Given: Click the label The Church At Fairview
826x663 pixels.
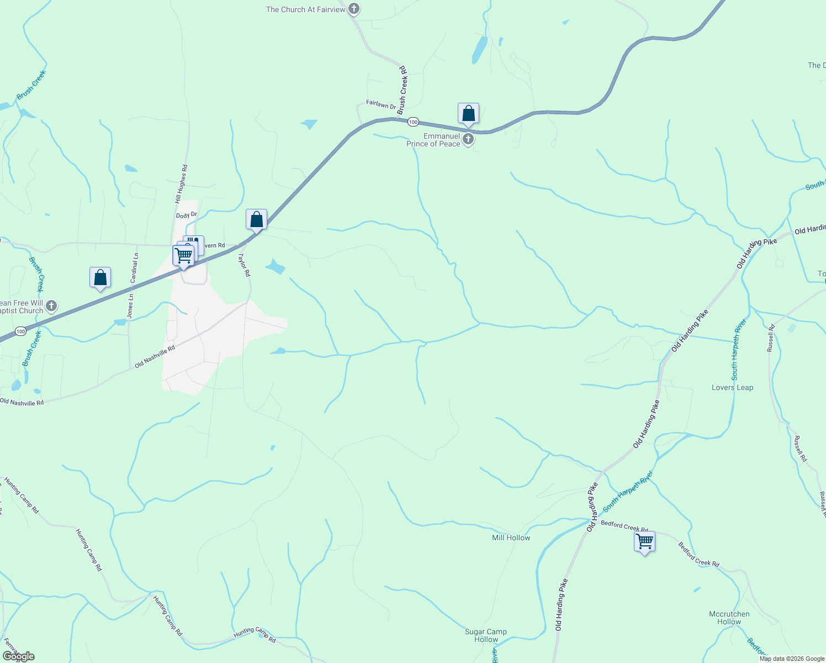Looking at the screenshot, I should pos(305,9).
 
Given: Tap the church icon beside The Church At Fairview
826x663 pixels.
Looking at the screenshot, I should pos(354,9).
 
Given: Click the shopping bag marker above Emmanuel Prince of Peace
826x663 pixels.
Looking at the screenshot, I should pos(468,114).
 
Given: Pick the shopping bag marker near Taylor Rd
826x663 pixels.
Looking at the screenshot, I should pos(256,220).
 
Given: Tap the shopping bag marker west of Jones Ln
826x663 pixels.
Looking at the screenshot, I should pos(100,278).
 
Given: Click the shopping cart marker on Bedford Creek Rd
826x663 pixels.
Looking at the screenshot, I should pos(644,541).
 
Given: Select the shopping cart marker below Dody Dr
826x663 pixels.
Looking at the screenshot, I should pos(183,256).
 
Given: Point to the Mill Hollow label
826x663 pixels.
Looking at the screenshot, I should pos(511,538).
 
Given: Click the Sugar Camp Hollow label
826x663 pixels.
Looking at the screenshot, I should pos(486,635).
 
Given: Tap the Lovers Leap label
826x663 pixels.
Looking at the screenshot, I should pos(732,387).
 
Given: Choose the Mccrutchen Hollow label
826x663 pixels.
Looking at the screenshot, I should pos(729,618).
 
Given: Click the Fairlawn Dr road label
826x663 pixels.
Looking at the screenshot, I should pos(381,104).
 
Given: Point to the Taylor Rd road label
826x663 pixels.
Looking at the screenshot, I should pos(244,265).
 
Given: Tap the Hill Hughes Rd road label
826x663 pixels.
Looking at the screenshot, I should pos(182,183).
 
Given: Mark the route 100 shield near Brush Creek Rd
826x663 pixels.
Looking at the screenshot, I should pos(413,122).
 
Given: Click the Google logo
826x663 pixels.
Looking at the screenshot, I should pos(18,656).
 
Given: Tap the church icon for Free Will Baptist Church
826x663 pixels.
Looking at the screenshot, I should pos(51,306).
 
